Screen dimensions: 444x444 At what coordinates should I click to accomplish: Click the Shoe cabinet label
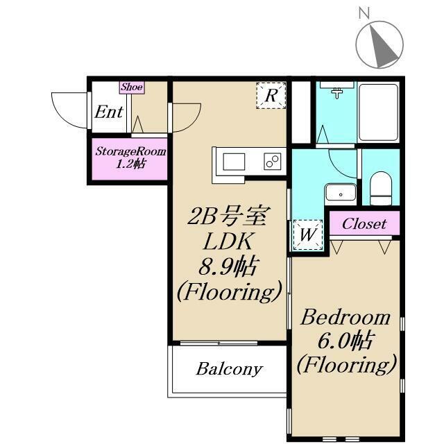[131, 87]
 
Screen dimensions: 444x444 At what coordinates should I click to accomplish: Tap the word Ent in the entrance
[109, 112]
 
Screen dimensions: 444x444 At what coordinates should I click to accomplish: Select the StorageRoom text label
[130, 151]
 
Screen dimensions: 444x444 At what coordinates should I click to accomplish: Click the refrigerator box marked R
[271, 96]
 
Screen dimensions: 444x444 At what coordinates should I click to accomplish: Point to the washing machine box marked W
[308, 234]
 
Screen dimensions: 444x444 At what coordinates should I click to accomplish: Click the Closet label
[364, 224]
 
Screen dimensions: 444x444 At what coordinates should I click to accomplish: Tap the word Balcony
[230, 369]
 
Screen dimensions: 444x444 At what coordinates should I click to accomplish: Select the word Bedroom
[345, 318]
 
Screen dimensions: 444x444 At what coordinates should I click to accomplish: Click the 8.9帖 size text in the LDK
[228, 266]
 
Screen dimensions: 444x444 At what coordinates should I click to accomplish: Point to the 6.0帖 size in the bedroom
[345, 341]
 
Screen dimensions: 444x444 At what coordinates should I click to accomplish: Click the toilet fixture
[381, 188]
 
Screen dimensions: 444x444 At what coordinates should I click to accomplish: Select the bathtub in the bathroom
[378, 112]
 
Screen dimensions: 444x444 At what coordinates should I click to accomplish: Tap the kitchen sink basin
[234, 162]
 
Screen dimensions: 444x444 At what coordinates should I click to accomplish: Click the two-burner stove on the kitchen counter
[273, 162]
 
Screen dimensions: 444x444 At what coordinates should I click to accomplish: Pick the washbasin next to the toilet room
[341, 193]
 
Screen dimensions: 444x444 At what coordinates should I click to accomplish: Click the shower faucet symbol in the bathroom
[336, 93]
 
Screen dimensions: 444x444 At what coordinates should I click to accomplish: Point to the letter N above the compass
[364, 13]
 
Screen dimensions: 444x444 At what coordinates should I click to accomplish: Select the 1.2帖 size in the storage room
[130, 164]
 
